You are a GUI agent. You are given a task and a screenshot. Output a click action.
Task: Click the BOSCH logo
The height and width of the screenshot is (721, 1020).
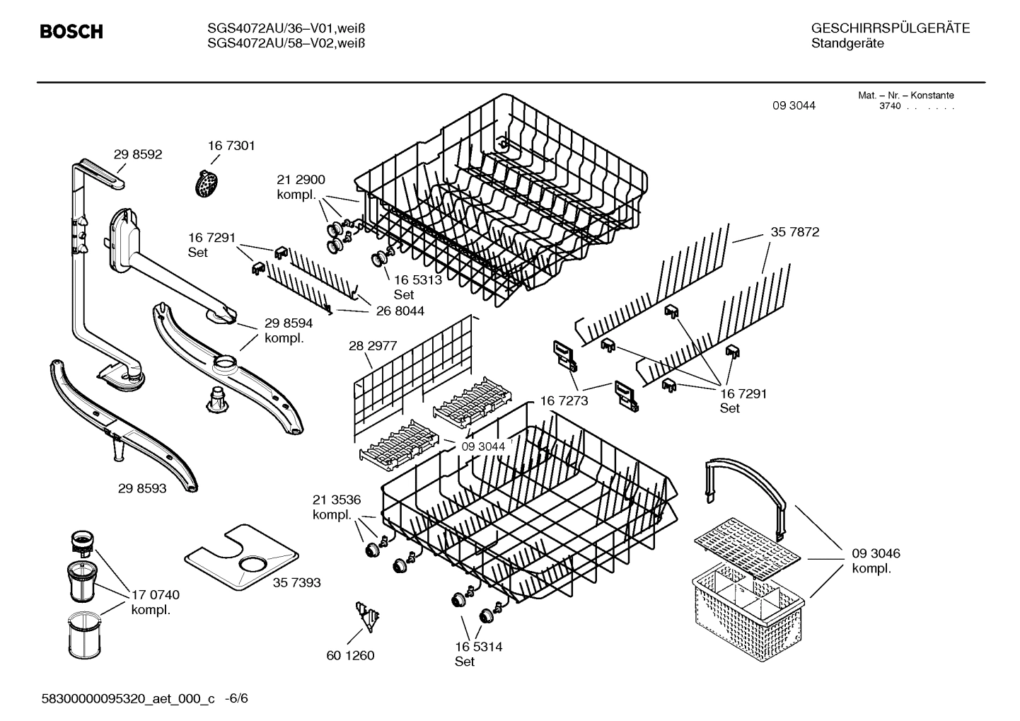[x=71, y=32]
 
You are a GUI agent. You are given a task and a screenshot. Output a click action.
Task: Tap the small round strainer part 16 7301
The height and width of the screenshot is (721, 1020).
[x=206, y=183]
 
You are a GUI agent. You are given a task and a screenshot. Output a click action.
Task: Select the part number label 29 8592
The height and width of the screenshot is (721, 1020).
[x=138, y=154]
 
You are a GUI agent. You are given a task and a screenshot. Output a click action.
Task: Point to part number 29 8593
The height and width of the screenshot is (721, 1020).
[x=142, y=488]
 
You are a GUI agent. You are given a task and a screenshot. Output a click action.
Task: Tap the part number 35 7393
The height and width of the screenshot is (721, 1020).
[x=296, y=582]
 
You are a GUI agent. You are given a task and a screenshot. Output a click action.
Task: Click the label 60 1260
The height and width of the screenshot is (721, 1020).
[x=350, y=655]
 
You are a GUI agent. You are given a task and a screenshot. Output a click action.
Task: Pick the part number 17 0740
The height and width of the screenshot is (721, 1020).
[x=156, y=595]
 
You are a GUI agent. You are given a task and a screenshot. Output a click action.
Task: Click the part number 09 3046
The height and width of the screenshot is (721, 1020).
[x=876, y=553]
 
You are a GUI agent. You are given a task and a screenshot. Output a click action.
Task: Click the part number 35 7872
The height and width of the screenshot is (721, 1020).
[x=795, y=232]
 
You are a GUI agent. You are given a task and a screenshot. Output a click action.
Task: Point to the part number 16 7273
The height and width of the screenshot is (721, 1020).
[x=564, y=401]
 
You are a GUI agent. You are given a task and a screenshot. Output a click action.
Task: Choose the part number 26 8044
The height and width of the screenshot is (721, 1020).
[x=400, y=311]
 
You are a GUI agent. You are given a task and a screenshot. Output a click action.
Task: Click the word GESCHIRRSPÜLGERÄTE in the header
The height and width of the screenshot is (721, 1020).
[x=890, y=28]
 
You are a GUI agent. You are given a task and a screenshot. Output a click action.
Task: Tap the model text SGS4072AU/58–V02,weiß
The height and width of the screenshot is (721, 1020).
[x=286, y=43]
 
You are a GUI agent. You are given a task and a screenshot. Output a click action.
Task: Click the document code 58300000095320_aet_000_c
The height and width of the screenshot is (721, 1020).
[x=128, y=698]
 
